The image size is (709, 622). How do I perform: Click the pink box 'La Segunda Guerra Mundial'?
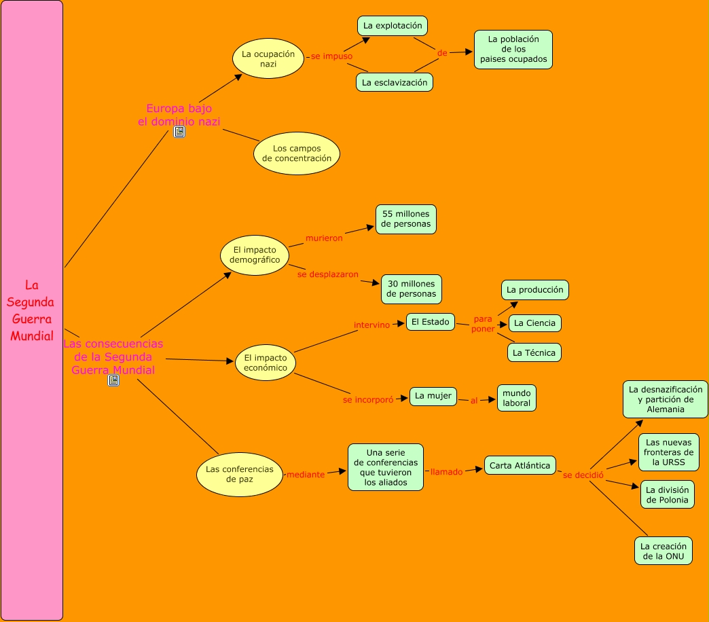[31, 310]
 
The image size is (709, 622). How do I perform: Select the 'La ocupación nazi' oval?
[268, 58]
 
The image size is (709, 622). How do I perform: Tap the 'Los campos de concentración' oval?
[297, 153]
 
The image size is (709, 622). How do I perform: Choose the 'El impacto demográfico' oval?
[255, 255]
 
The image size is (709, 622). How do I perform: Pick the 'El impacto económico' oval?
[266, 363]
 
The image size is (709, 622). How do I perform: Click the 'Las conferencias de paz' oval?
[239, 474]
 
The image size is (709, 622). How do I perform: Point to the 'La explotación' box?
[393, 26]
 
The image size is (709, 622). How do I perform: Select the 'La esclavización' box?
[395, 82]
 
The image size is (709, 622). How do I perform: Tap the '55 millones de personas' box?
[406, 219]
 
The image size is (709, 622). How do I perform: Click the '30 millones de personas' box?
[412, 289]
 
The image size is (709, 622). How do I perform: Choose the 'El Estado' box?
[431, 322]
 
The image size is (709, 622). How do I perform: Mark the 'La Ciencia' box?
[534, 323]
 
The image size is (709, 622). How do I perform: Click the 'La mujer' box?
[433, 396]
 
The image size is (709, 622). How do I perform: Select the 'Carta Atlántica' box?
[520, 465]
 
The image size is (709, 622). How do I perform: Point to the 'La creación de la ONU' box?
[663, 551]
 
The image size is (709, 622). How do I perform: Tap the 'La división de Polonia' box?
[667, 495]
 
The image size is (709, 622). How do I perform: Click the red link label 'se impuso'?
[332, 56]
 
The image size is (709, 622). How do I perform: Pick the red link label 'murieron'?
[324, 238]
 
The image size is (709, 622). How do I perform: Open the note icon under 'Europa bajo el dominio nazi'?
[179, 132]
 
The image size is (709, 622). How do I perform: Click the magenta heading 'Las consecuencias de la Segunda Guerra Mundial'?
[113, 356]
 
